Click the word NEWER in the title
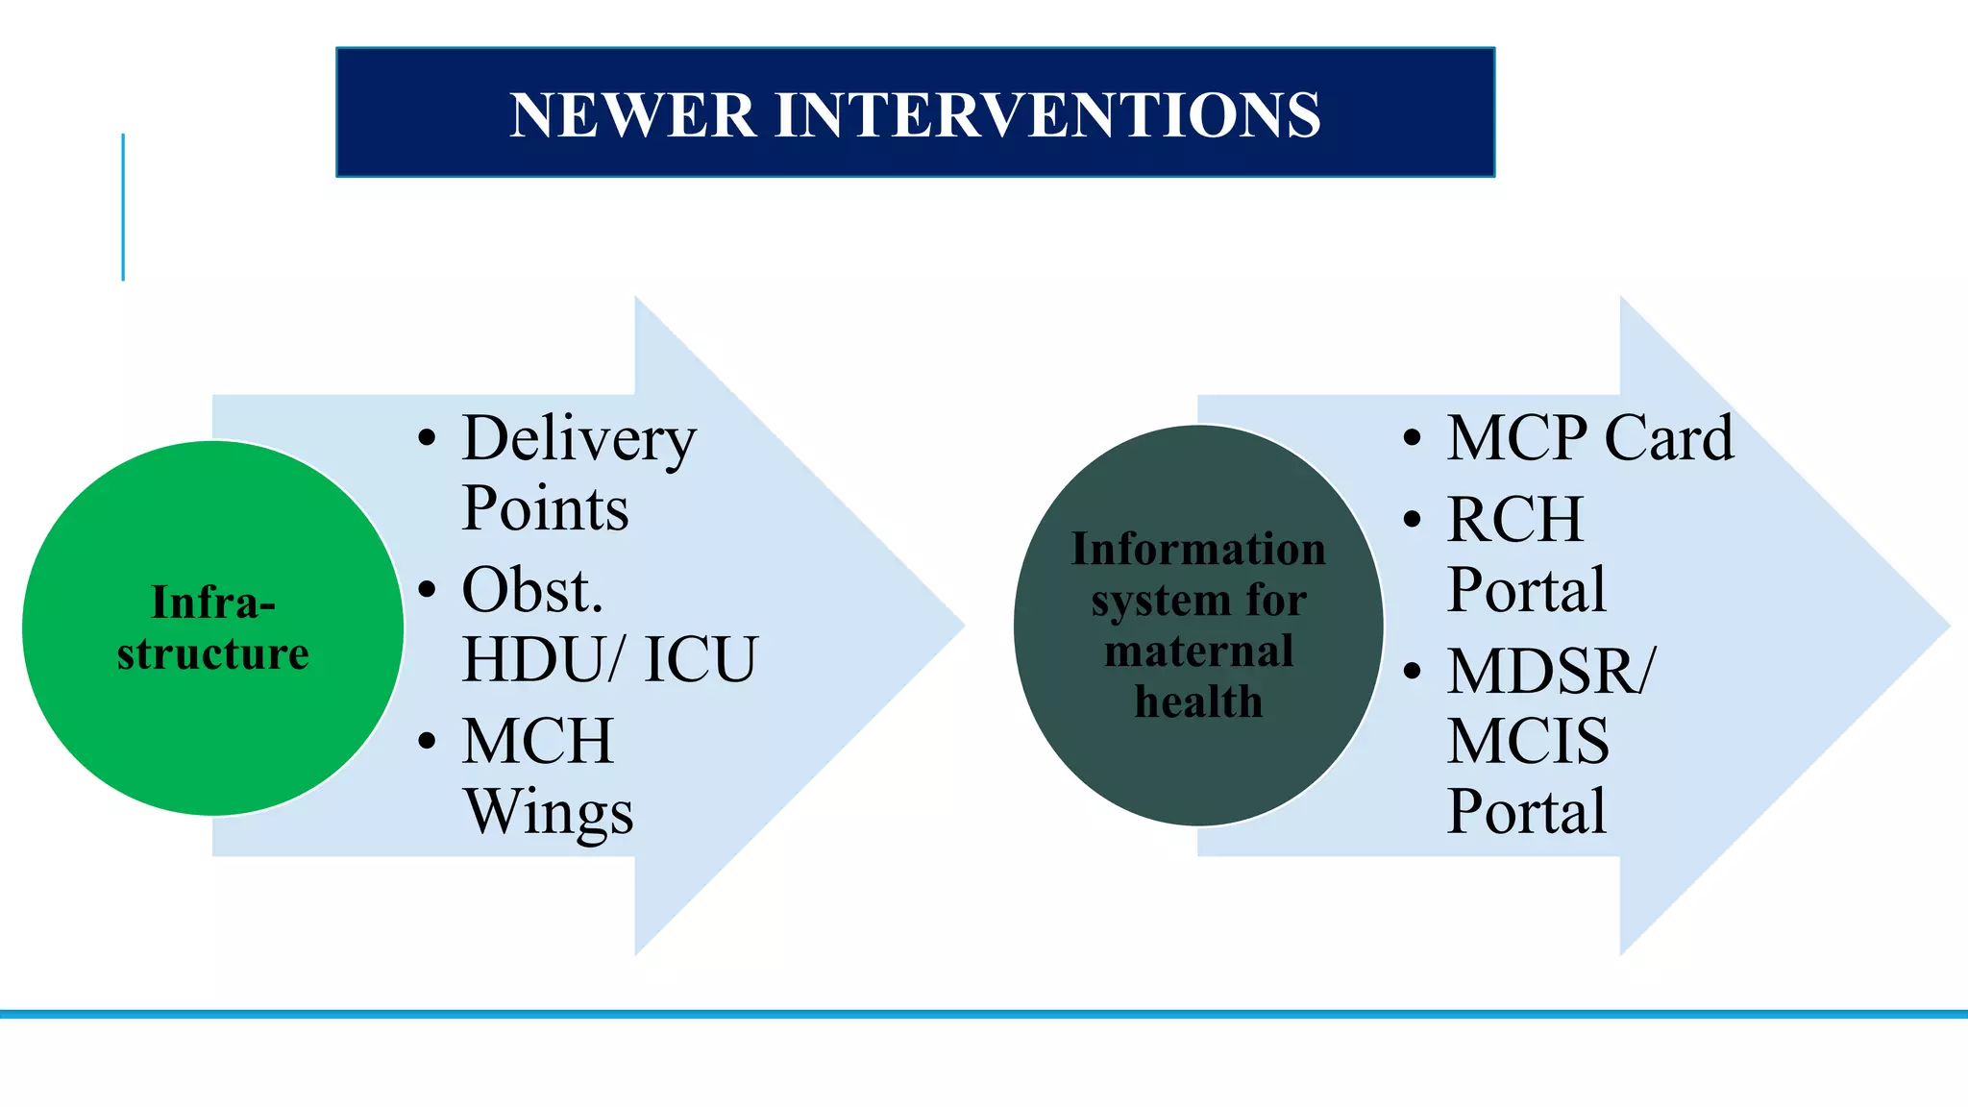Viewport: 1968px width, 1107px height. [632, 114]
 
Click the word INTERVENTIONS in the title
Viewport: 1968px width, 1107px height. [1047, 114]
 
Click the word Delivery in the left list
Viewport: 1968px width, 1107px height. [578, 438]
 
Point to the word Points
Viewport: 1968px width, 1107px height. [545, 508]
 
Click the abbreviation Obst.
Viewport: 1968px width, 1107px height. [532, 590]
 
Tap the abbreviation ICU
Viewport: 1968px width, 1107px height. [701, 659]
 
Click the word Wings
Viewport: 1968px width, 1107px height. [549, 813]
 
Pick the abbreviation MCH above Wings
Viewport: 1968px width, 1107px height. [537, 741]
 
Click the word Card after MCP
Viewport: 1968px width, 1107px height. [1669, 438]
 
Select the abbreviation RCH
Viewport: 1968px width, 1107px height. [1515, 520]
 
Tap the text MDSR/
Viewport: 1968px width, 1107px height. [1551, 671]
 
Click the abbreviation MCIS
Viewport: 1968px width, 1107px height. [1528, 741]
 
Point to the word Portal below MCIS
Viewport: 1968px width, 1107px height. [1526, 811]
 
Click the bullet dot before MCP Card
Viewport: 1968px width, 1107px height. [1412, 439]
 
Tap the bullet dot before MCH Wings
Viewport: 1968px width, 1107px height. [428, 741]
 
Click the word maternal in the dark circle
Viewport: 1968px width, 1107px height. [1198, 651]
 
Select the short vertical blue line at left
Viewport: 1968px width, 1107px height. [123, 207]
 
